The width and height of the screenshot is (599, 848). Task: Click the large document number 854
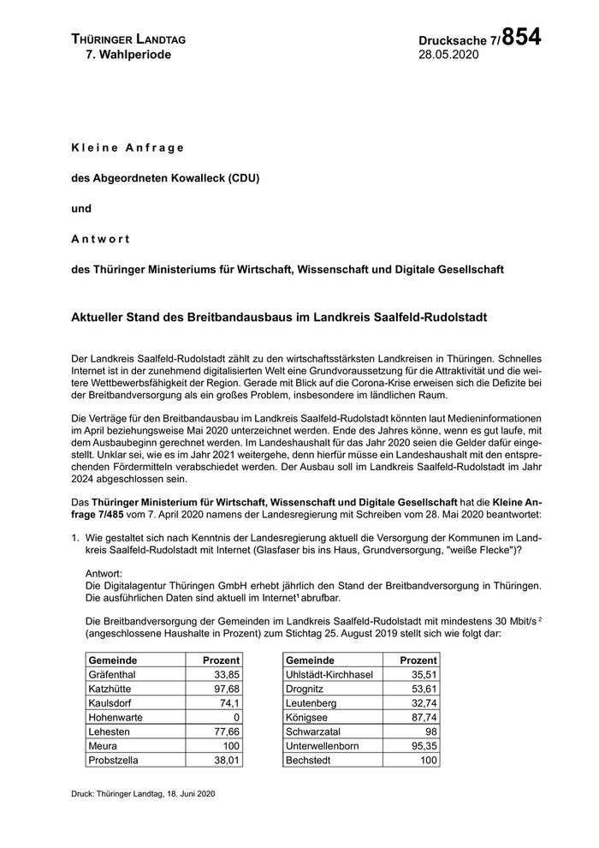(x=521, y=38)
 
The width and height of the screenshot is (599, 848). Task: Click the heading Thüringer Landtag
(x=128, y=39)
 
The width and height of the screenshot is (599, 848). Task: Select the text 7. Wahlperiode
(x=128, y=55)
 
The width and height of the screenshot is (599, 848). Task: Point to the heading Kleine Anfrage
(x=128, y=147)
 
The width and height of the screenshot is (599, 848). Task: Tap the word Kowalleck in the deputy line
(x=190, y=178)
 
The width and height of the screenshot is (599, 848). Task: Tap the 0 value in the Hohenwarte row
(x=236, y=717)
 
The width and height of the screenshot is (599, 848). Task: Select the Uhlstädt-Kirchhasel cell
(x=329, y=674)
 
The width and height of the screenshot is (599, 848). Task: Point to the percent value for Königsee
(x=422, y=717)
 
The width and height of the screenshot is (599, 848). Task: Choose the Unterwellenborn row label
(x=322, y=745)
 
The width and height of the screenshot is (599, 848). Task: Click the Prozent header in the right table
(x=418, y=660)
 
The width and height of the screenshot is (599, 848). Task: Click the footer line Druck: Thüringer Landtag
(x=143, y=795)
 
